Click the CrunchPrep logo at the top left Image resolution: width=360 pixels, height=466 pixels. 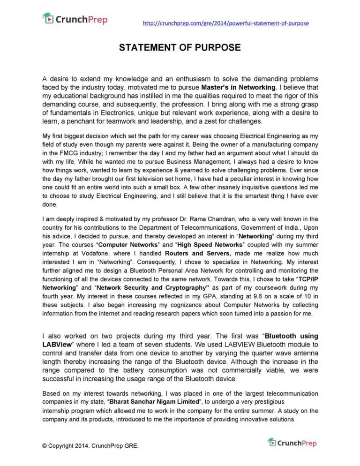[x=75, y=19]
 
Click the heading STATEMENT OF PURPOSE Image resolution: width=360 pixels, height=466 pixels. [x=180, y=48]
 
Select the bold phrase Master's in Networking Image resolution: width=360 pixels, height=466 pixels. [x=238, y=87]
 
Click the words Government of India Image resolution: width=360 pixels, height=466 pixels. [x=265, y=227]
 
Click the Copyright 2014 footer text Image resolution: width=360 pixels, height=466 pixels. [x=90, y=446]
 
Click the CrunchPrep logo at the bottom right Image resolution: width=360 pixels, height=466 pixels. [x=292, y=443]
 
